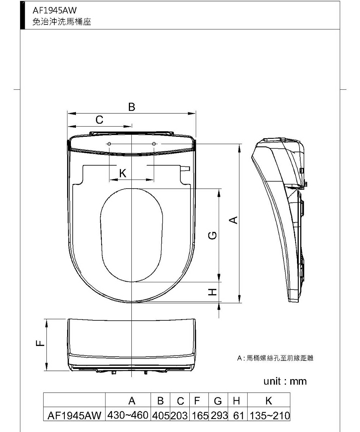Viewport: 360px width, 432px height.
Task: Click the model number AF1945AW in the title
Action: coord(55,10)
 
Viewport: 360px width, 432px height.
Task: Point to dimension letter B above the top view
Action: coord(132,107)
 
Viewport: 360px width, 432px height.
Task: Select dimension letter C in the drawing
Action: coord(99,120)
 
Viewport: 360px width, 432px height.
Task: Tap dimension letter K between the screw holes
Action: coord(123,173)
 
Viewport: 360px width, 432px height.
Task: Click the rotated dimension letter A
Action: coord(233,220)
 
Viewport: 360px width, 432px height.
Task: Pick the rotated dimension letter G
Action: coord(212,235)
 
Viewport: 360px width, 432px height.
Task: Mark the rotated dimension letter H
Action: coord(212,292)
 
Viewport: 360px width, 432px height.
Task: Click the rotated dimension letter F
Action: coord(40,343)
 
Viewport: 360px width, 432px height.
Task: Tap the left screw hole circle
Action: coord(109,144)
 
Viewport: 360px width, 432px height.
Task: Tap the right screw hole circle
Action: coord(154,144)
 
